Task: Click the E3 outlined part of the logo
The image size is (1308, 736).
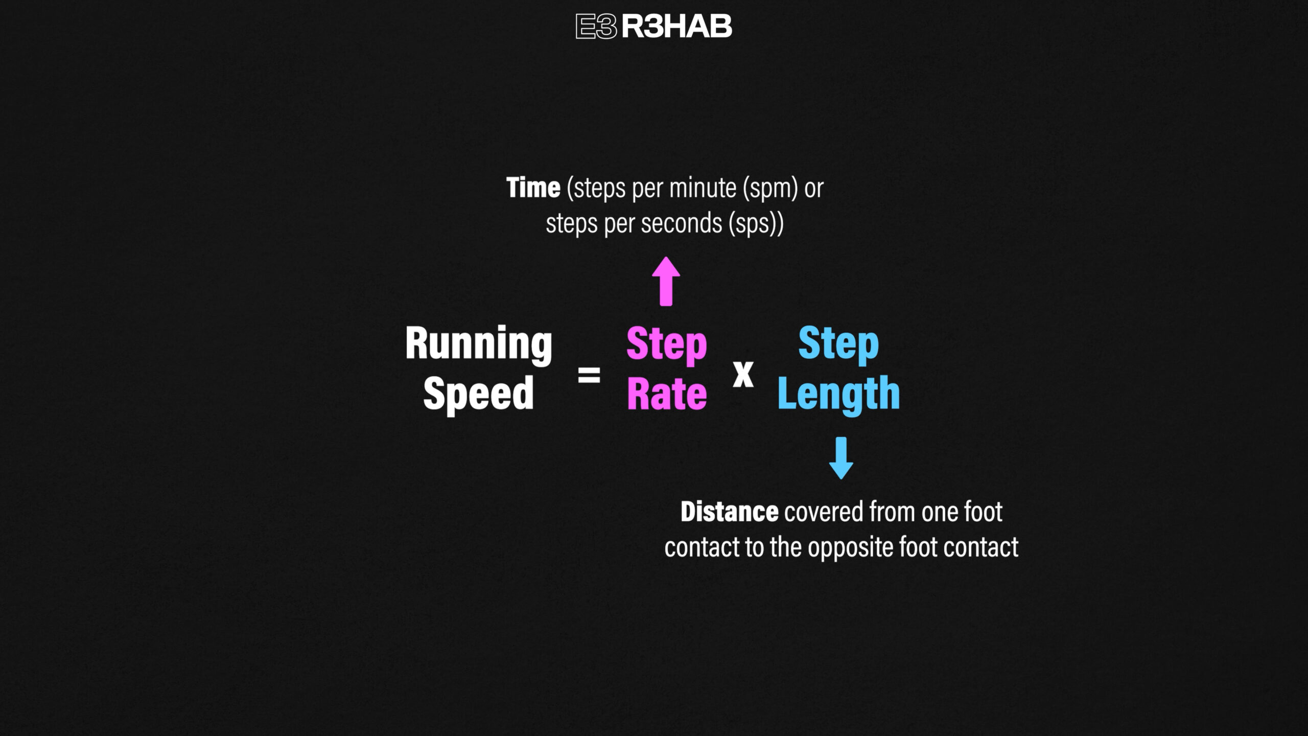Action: (596, 26)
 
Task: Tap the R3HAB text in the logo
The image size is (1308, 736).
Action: (676, 26)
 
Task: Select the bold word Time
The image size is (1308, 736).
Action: (533, 188)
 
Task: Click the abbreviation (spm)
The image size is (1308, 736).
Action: (770, 189)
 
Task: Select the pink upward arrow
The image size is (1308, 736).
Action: (666, 281)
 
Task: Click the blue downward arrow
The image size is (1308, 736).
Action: (841, 458)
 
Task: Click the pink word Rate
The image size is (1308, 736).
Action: (667, 394)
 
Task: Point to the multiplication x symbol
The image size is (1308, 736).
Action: (743, 374)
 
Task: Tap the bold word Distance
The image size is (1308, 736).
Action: (730, 512)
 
